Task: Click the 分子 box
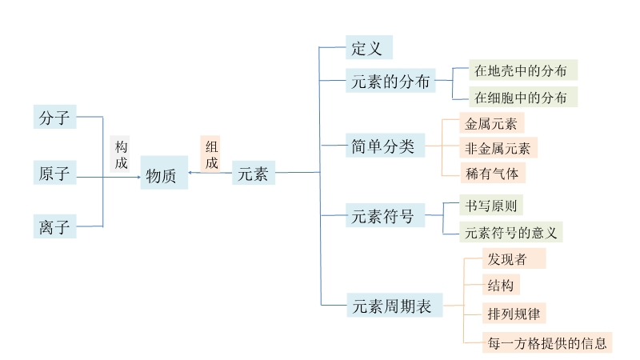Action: click(54, 118)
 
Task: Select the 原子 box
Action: click(54, 172)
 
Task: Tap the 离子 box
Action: click(54, 227)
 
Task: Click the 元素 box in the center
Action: click(254, 173)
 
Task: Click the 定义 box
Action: click(369, 47)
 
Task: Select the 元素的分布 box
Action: click(390, 81)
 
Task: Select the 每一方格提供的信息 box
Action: click(547, 342)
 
